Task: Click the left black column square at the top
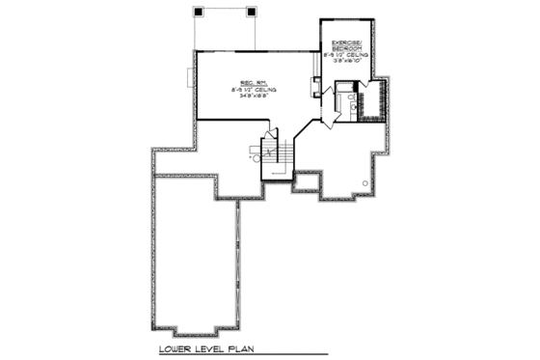199,12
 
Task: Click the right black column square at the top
253,12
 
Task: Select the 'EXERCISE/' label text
345,43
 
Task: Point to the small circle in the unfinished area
364,182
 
